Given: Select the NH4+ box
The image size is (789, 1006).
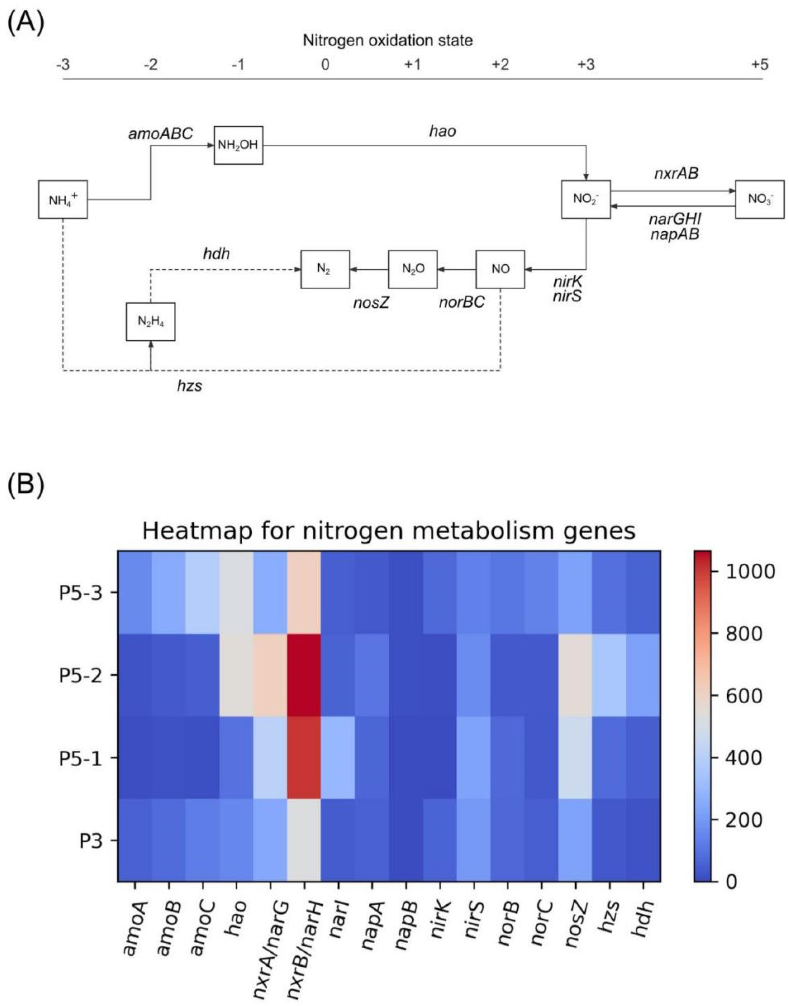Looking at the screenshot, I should (63, 200).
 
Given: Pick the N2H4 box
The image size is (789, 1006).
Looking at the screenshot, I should (150, 322).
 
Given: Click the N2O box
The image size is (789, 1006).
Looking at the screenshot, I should (412, 269).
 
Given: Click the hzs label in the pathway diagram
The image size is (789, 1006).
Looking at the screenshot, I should (189, 386).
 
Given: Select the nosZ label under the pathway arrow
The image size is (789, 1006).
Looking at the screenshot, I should (371, 303).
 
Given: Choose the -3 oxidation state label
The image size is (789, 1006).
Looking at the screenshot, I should (63, 65).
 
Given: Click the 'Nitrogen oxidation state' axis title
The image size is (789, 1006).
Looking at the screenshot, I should (388, 41).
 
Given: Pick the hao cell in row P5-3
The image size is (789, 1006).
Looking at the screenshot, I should (236, 593).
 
